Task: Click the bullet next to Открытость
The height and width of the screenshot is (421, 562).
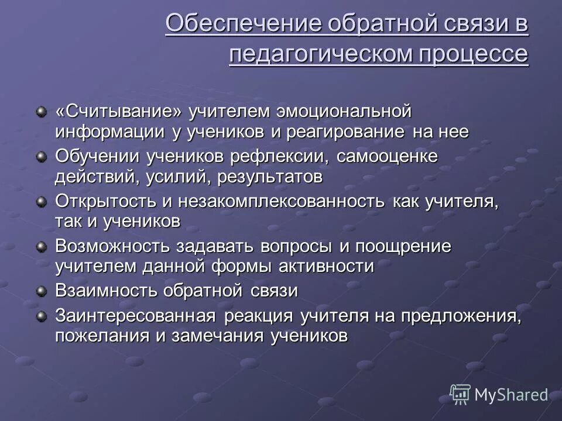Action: click(x=41, y=201)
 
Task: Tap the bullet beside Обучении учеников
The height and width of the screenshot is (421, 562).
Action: click(x=41, y=156)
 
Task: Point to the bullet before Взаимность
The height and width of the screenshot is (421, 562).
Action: click(x=41, y=291)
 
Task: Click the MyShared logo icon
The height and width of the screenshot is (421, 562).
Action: click(x=461, y=394)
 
